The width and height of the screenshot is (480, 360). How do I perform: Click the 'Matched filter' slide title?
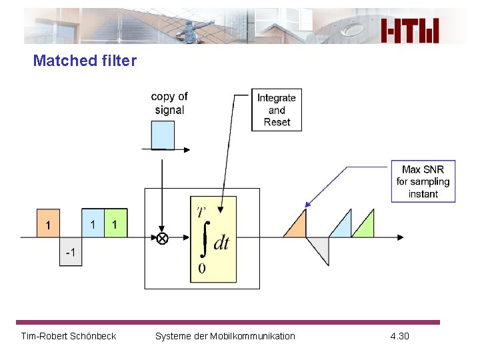(85, 61)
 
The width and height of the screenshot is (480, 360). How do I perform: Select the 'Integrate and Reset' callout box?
(276, 109)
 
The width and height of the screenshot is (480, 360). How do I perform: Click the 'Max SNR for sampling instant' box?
(423, 181)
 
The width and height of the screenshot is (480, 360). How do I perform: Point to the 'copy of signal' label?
(169, 103)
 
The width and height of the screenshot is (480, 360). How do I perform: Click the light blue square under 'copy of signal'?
(163, 135)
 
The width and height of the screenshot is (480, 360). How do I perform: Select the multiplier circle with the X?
(162, 238)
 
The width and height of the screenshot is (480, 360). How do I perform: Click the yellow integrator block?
(213, 239)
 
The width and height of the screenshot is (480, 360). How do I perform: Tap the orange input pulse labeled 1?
(47, 223)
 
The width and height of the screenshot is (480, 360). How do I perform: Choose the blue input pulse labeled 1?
(93, 223)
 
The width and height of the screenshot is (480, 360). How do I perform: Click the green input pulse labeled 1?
(115, 223)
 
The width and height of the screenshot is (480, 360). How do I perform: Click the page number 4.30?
(399, 336)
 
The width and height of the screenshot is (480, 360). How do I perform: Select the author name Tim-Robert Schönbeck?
(69, 336)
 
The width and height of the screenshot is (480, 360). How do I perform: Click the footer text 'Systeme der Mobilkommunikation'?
(225, 336)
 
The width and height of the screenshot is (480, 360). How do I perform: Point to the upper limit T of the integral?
(201, 212)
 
